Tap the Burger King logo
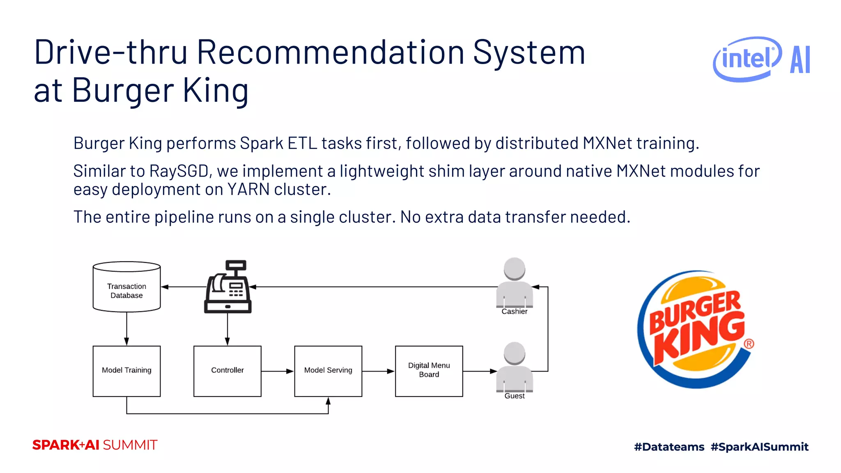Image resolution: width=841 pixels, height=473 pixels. point(696,329)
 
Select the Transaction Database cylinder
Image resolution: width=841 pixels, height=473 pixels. point(126,287)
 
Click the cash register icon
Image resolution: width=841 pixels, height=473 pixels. point(228,287)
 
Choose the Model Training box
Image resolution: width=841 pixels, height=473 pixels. point(126,371)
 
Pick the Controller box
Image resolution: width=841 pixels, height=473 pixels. point(227,371)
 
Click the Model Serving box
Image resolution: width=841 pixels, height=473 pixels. point(328,371)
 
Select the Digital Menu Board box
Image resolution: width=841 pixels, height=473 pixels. point(429,371)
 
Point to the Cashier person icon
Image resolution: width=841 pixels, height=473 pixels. point(514,283)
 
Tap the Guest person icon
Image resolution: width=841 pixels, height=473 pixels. point(514,367)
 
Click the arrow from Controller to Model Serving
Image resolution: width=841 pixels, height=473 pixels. point(278,371)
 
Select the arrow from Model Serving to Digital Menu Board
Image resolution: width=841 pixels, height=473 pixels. point(378,371)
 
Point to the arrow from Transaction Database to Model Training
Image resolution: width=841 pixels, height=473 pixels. point(126,328)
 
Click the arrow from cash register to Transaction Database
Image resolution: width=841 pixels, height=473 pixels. point(183,287)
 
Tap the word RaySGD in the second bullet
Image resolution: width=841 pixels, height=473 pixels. point(179,171)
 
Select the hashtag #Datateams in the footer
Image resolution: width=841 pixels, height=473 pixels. point(669,447)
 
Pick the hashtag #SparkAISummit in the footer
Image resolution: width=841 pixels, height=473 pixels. point(759,447)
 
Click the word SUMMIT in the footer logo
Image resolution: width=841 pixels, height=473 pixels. point(130,445)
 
